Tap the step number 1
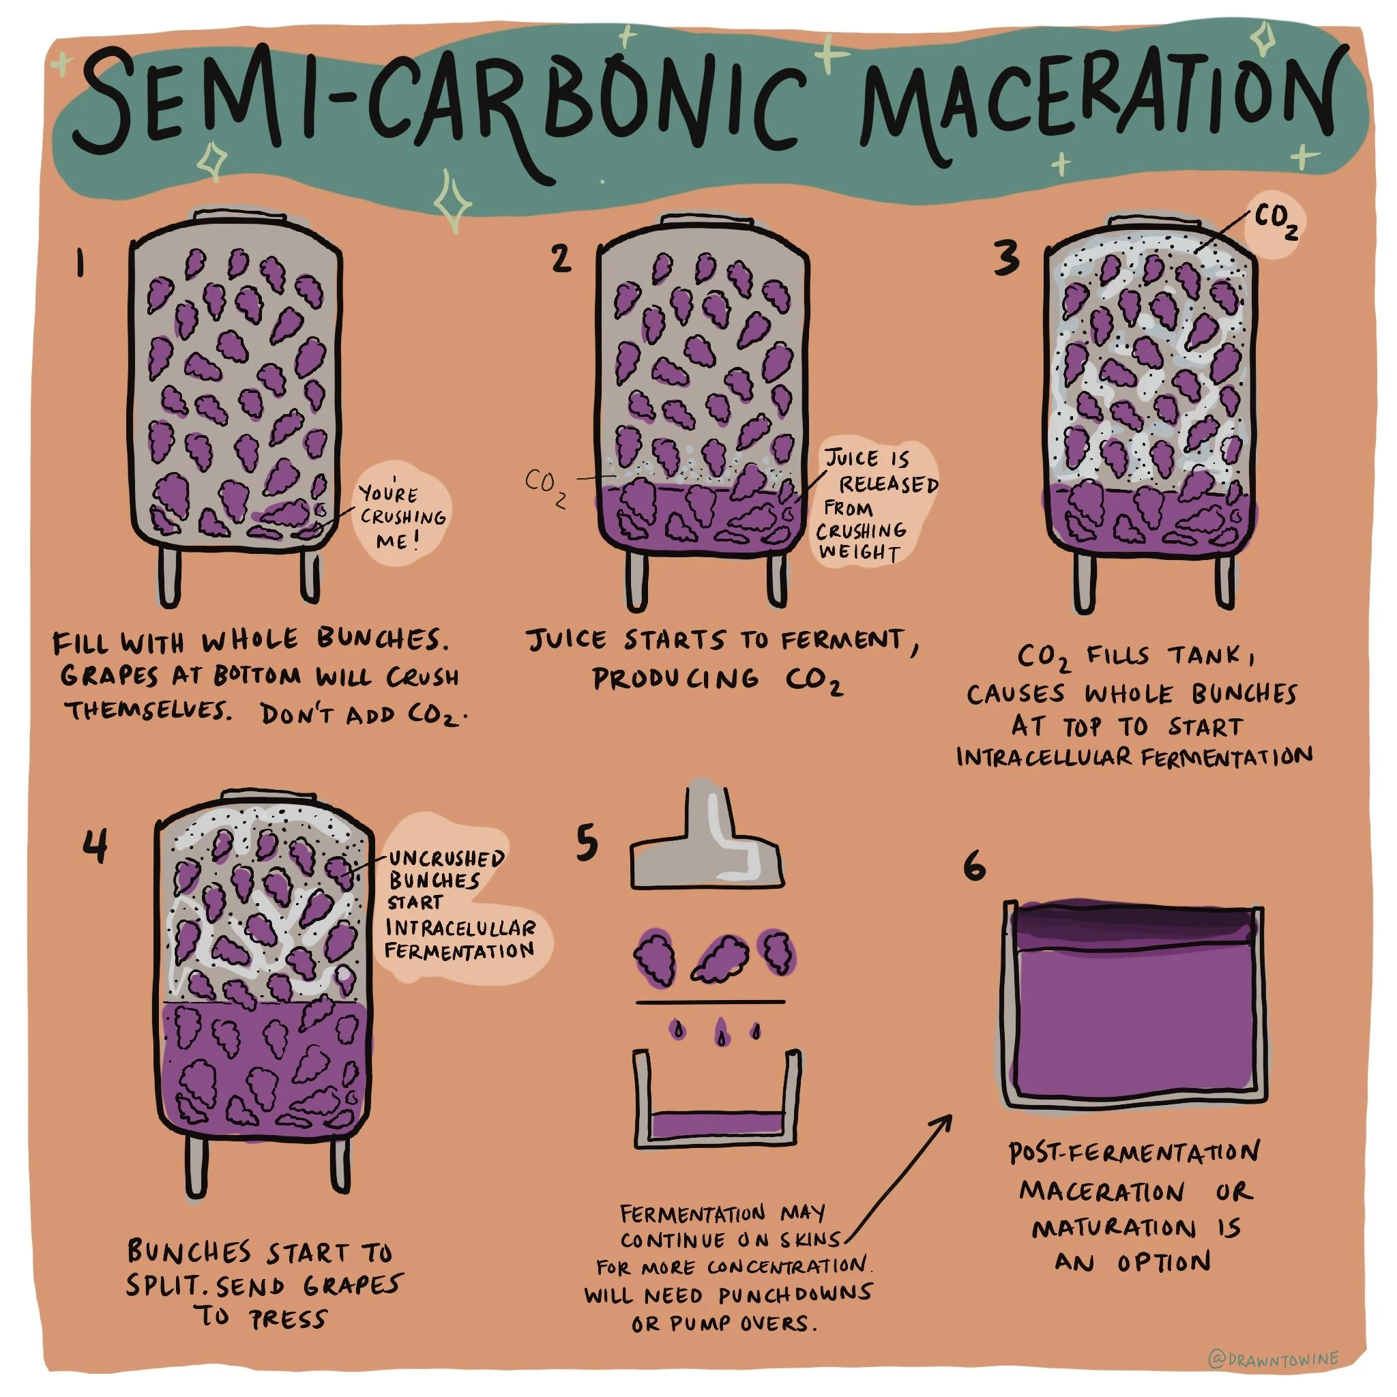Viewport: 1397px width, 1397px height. point(80,263)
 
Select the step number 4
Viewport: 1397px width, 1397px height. point(95,845)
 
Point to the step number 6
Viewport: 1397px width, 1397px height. point(974,865)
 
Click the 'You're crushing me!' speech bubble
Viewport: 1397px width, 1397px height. point(402,515)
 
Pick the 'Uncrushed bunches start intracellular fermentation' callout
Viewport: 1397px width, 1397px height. point(456,904)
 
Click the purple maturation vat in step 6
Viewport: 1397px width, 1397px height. point(1134,1005)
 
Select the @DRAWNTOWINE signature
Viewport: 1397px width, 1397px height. point(1274,1359)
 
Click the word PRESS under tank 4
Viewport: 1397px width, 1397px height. point(289,1320)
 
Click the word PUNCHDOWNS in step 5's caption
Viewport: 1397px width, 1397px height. point(795,1293)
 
